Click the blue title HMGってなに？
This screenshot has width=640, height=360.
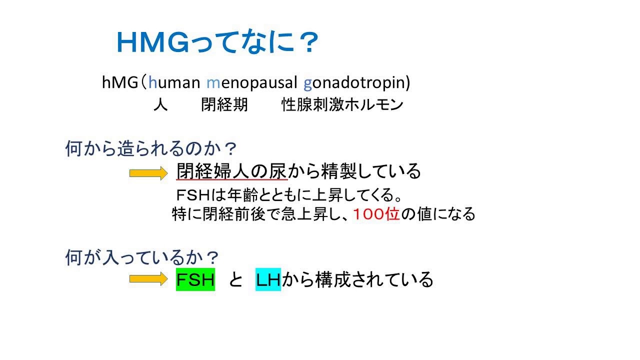point(217,43)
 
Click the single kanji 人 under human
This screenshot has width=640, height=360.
point(160,105)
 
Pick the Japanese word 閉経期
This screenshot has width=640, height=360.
point(224,105)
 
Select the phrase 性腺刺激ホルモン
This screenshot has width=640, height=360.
point(342,105)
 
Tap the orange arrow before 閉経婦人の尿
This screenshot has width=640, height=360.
point(147,173)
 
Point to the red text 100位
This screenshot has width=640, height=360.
point(376,214)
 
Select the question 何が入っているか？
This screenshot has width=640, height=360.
point(142,258)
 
